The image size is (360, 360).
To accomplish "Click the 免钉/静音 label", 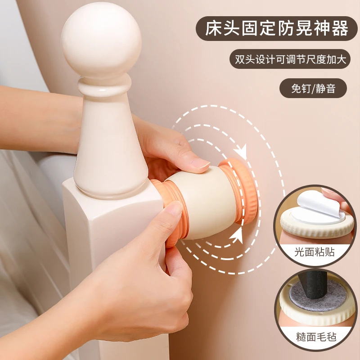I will [x=313, y=88].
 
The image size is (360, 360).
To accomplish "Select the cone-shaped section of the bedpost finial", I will [x=108, y=144].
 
